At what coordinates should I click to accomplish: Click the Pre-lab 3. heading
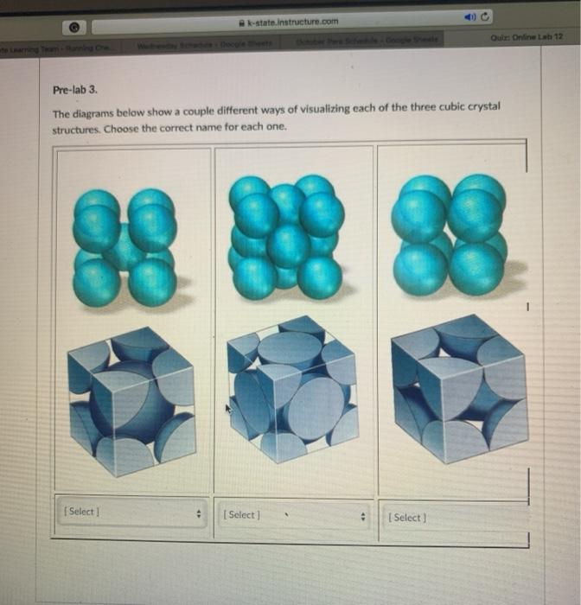[x=76, y=89]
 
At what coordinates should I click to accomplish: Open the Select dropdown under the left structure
[x=130, y=513]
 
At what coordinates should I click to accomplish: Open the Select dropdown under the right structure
[x=454, y=518]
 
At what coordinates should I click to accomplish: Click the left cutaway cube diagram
[x=131, y=398]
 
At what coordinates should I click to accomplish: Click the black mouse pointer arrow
[x=230, y=410]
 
